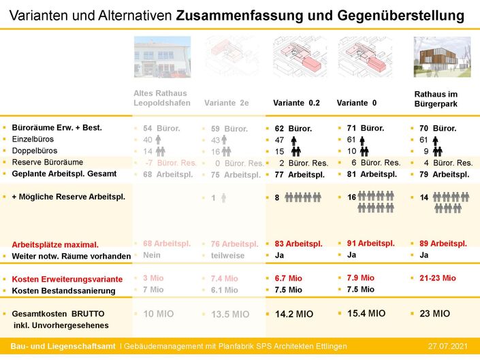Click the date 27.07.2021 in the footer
coord(447,346)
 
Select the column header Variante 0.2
coord(296,103)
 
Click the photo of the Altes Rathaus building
coord(162,56)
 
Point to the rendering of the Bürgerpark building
coord(442,56)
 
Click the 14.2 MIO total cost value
coord(294,314)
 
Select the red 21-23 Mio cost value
coord(434,278)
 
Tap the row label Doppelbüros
coord(35,150)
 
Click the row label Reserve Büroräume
coord(47,162)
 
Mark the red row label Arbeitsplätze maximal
coord(55,244)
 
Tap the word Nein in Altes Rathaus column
coord(152,255)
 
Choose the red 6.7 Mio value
coord(289,278)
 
